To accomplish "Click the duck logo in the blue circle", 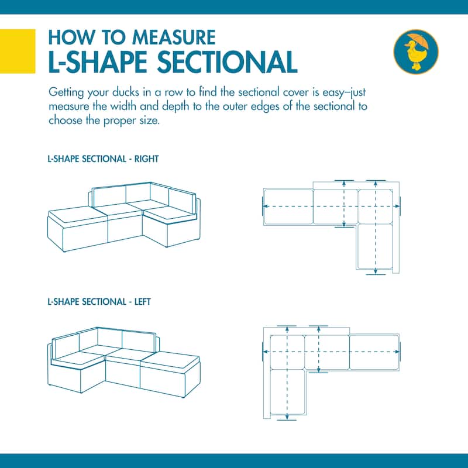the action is (416, 52).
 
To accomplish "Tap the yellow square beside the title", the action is (18, 51).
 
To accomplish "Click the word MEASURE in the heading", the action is (174, 37).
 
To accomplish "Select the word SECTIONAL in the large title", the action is (227, 62).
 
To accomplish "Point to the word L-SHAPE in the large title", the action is (98, 62).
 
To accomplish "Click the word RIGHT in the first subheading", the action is (146, 159).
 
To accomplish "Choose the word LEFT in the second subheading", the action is (142, 302).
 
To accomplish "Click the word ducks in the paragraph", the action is (126, 92).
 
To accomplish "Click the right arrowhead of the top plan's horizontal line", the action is (397, 207).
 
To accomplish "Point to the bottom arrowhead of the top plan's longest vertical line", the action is (376, 271).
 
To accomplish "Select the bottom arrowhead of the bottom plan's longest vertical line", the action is (287, 417).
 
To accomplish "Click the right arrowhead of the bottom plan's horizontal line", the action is (397, 352).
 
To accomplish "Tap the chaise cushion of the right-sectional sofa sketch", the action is (78, 214).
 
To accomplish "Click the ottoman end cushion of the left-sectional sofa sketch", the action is (170, 362).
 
